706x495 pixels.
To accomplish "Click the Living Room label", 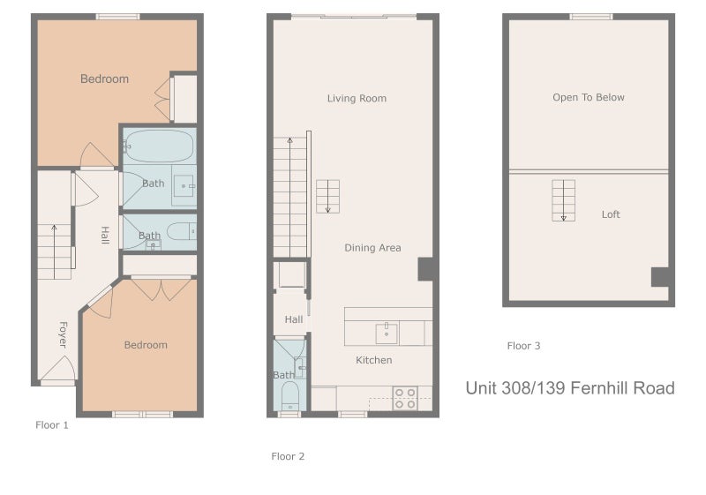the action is point(357,98).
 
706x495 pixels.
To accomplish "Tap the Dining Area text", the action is point(372,247).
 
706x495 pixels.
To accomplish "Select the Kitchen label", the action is point(373,360).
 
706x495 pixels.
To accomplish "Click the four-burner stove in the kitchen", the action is point(405,398).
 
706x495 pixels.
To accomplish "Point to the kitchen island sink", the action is point(387,334).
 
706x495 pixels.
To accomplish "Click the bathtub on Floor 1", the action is point(159,146).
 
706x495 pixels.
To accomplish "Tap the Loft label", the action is point(611,214).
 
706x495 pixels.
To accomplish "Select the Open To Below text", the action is point(589,97).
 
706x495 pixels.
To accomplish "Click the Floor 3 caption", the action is point(523,346).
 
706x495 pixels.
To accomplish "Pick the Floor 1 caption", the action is point(52,424).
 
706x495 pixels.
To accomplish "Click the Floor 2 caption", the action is point(288,456).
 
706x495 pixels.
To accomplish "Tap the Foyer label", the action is point(63,334).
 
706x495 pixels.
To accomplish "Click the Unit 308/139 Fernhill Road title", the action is point(570,388).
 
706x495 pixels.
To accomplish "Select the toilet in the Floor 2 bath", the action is point(290,396).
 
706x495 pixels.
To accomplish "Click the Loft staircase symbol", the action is point(563,200).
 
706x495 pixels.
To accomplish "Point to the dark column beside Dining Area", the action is point(425,269).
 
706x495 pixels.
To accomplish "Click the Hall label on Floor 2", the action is point(294,319).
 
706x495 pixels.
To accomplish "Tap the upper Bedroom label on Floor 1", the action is point(104,79).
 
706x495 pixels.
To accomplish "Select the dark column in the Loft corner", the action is point(660,277).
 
